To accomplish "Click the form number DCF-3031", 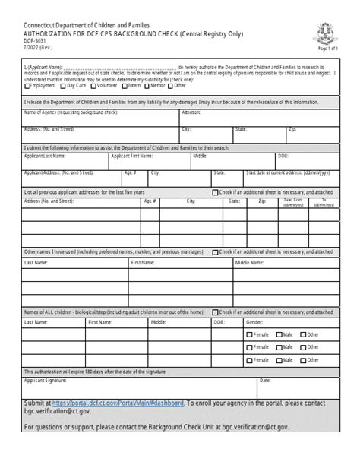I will [x=35, y=44].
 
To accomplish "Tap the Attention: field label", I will [x=191, y=112].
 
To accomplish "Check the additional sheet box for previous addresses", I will [x=215, y=193].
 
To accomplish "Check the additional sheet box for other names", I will [x=215, y=251].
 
